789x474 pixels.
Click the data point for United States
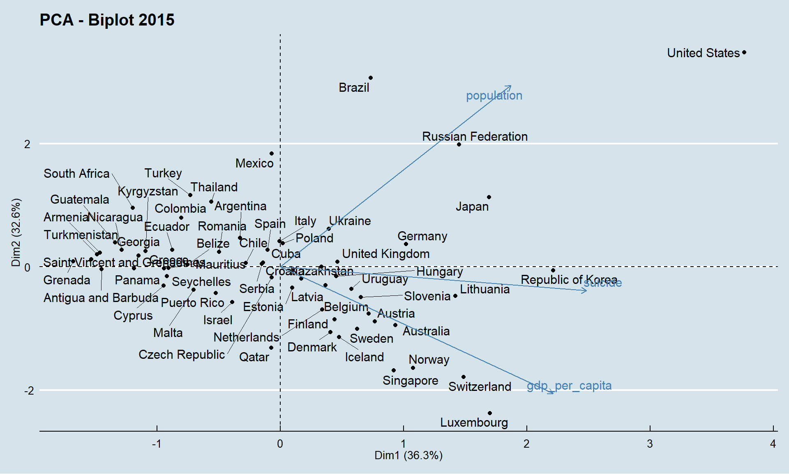pos(744,53)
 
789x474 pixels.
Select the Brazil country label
pos(354,88)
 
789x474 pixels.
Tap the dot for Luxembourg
pos(490,413)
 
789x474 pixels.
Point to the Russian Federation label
pos(475,137)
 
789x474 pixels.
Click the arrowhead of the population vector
pos(510,86)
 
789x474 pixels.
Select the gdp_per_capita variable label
pos(569,386)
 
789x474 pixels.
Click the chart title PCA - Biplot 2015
pos(107,20)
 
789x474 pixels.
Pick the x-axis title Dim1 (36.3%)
pos(408,455)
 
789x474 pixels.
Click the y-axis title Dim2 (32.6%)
pos(16,232)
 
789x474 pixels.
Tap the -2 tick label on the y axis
pos(29,390)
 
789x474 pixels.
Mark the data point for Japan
pos(489,197)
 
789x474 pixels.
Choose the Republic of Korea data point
pos(553,270)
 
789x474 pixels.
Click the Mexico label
pos(254,163)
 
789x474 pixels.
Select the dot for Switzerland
pos(464,377)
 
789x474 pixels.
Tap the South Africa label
pos(76,174)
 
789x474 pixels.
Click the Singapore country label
pos(410,381)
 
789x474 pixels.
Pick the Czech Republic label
pos(182,355)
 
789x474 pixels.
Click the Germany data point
pos(406,244)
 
